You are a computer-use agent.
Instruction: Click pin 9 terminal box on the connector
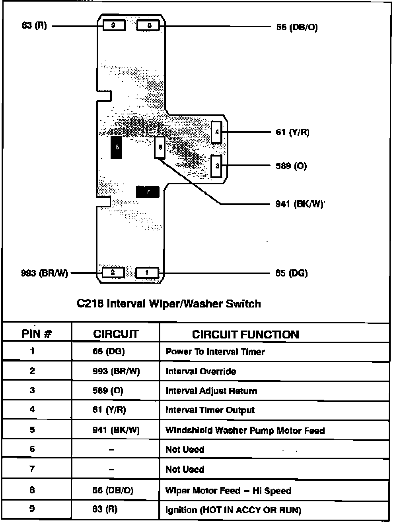[x=114, y=25]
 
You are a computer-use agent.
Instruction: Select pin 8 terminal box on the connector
[x=148, y=25]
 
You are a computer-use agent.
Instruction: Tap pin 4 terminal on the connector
[x=216, y=132]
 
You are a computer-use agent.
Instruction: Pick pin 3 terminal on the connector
[x=217, y=166]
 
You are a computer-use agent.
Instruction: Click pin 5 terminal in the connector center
[x=160, y=147]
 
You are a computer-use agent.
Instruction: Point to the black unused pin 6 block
[x=117, y=147]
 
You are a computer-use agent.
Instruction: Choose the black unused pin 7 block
[x=148, y=192]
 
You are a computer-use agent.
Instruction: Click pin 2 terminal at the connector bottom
[x=113, y=273]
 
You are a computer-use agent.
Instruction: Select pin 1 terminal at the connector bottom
[x=147, y=273]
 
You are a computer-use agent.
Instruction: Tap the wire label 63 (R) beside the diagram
[x=34, y=26]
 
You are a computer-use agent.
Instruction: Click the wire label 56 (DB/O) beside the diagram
[x=297, y=27]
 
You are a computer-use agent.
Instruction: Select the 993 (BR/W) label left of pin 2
[x=45, y=273]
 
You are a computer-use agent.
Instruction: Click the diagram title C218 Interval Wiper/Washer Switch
[x=169, y=304]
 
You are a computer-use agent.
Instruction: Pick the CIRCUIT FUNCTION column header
[x=245, y=334]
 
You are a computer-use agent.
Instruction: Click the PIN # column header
[x=37, y=334]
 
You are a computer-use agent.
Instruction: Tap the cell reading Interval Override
[x=201, y=371]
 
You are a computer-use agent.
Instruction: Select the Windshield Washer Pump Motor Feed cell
[x=245, y=430]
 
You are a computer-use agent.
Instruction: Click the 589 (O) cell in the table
[x=108, y=391]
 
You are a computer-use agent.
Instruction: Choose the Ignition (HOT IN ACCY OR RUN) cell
[x=234, y=510]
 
